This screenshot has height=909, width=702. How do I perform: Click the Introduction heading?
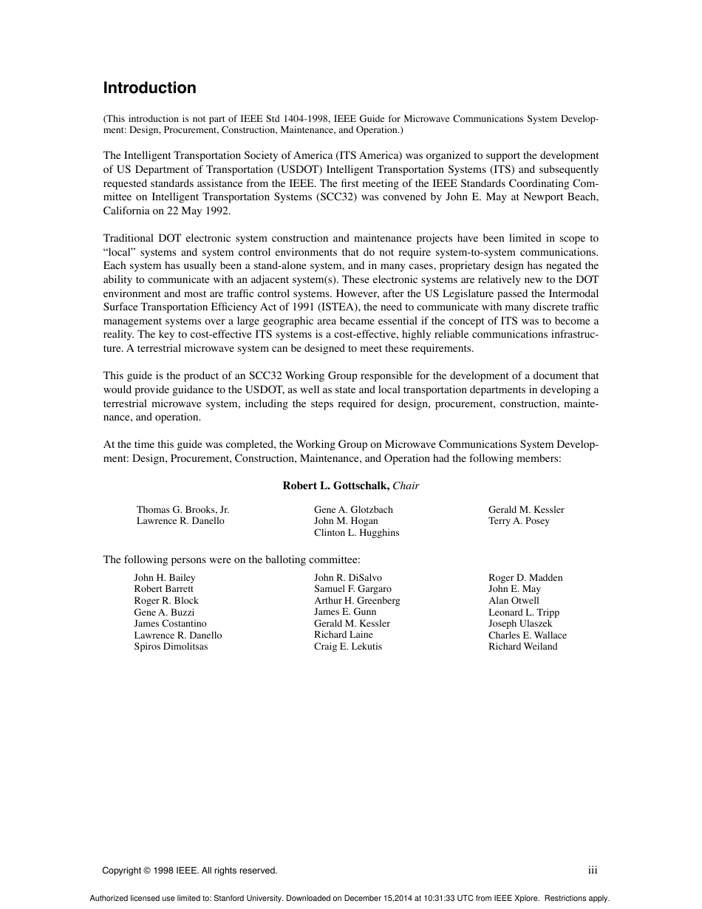(149, 88)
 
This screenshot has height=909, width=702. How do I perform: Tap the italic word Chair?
(406, 486)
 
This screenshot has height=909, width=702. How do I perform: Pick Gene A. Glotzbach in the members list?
(353, 510)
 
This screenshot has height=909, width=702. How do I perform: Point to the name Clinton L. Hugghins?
(356, 533)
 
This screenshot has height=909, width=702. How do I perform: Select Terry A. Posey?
(519, 521)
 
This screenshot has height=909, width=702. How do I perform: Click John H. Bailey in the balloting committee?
(165, 578)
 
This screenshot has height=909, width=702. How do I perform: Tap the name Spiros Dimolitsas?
(171, 647)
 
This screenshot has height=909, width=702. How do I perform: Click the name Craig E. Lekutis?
(348, 647)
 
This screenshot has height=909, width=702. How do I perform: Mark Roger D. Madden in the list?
(525, 578)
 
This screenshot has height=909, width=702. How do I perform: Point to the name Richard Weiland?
(522, 647)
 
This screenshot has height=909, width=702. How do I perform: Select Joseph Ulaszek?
(520, 624)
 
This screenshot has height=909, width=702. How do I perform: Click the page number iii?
(593, 871)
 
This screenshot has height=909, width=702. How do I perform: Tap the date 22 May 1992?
(198, 211)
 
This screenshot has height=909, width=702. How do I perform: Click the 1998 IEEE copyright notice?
(189, 871)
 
